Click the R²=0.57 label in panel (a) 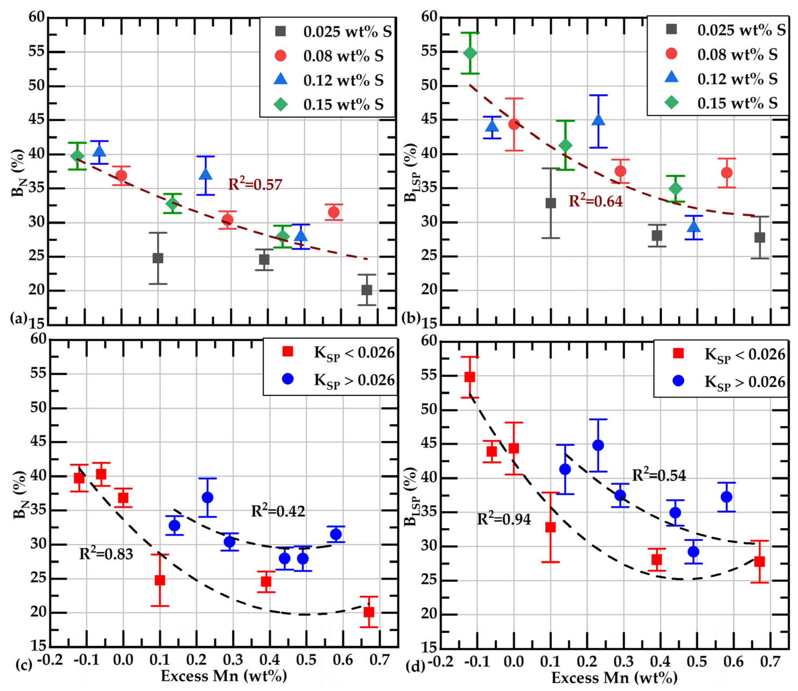click(255, 185)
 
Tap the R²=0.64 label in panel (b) click(595, 201)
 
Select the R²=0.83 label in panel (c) click(106, 554)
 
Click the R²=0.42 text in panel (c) click(278, 511)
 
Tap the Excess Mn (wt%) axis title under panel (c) click(223, 676)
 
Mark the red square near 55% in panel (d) click(470, 377)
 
